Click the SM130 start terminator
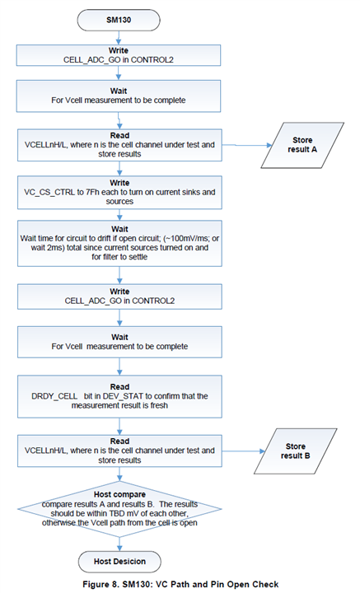tap(119, 20)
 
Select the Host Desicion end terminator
tap(119, 562)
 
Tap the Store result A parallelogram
tap(302, 145)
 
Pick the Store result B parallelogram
tap(296, 451)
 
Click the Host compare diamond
tap(119, 509)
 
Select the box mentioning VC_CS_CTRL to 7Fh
tap(119, 192)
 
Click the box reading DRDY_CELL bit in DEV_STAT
tap(119, 396)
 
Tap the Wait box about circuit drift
tap(119, 243)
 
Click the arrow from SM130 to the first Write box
tap(119, 38)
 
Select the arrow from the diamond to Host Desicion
tap(119, 544)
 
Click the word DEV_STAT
tap(125, 396)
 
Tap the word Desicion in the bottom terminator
tap(129, 562)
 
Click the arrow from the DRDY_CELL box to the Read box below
tap(119, 427)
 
